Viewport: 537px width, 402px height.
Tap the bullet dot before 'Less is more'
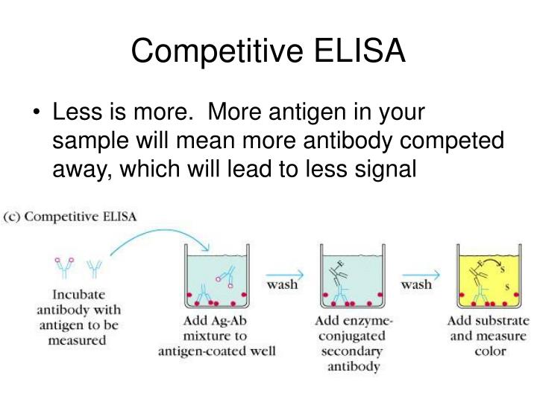[38, 112]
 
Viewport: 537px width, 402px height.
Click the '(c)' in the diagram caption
[14, 217]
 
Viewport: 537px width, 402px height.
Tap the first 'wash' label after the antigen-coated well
[282, 285]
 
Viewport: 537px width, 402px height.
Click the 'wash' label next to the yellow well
[418, 285]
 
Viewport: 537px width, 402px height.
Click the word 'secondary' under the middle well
[351, 351]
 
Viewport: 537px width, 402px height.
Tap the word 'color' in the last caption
[489, 351]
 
